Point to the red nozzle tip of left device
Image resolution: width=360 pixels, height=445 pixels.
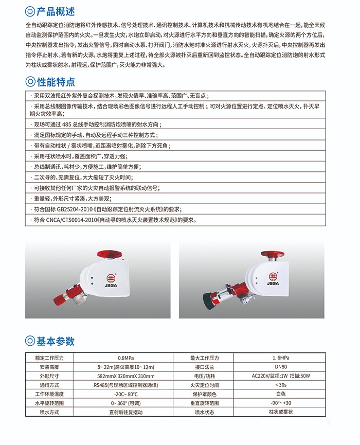pos(58,297)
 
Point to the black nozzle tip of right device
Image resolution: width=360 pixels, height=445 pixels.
pos(211,300)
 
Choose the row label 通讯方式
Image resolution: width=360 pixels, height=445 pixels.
pos(47,385)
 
